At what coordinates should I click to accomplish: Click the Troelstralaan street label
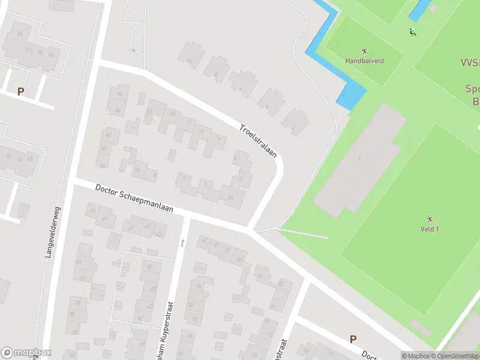click(x=258, y=142)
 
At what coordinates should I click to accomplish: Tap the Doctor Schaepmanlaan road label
click(x=134, y=197)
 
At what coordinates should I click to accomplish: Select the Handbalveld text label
click(x=364, y=61)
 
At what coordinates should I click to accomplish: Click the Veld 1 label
click(x=429, y=229)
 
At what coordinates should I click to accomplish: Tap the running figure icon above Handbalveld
click(x=364, y=50)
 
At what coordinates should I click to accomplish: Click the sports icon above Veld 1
click(x=429, y=218)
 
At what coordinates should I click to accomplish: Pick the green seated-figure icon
click(x=413, y=32)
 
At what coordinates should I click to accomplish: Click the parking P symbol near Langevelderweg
click(x=21, y=92)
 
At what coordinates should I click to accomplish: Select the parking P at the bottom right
click(x=353, y=339)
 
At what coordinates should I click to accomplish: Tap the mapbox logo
click(x=26, y=353)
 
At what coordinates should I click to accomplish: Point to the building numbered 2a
click(x=230, y=196)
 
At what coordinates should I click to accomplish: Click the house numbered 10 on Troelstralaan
click(x=190, y=61)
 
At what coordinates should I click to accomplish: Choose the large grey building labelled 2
click(x=359, y=157)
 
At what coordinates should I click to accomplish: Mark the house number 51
click(x=92, y=211)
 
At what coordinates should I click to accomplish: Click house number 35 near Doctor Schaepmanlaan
click(x=240, y=259)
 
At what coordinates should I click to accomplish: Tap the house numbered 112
click(x=28, y=50)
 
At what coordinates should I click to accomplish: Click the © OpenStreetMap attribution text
click(x=457, y=356)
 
